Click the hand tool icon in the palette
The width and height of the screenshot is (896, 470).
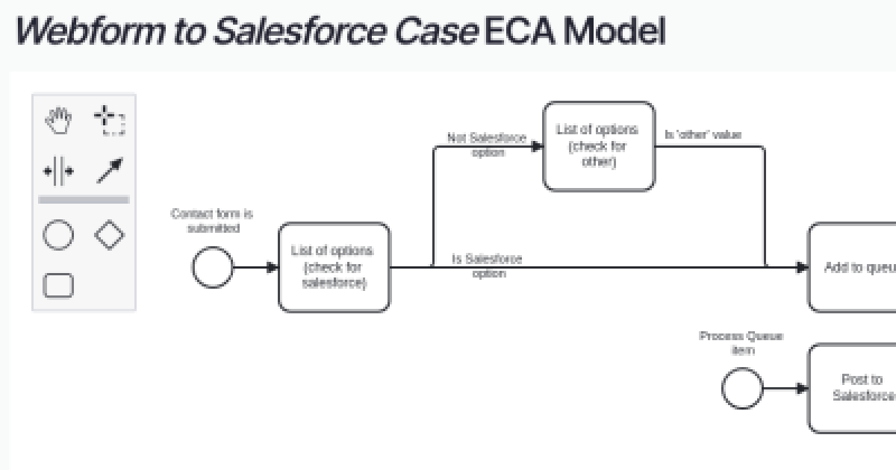[58, 120]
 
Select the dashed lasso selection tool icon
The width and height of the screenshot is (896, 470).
[109, 120]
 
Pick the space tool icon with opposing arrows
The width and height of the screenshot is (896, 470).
[58, 172]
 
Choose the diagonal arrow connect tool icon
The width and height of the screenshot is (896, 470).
[109, 171]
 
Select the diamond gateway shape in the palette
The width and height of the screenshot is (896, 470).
[109, 236]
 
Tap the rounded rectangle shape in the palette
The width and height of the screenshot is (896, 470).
[58, 285]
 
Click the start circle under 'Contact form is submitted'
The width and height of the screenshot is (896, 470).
[213, 267]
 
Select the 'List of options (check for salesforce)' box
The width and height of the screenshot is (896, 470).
[334, 267]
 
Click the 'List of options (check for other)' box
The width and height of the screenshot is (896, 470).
[599, 146]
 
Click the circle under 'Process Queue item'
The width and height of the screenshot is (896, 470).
[742, 388]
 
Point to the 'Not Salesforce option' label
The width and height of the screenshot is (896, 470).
[486, 145]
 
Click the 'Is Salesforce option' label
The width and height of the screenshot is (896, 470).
[488, 266]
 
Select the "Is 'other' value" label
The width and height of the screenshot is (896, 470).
[703, 135]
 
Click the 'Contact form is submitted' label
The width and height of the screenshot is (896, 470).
[212, 221]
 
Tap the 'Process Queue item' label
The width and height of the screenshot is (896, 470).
[741, 342]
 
